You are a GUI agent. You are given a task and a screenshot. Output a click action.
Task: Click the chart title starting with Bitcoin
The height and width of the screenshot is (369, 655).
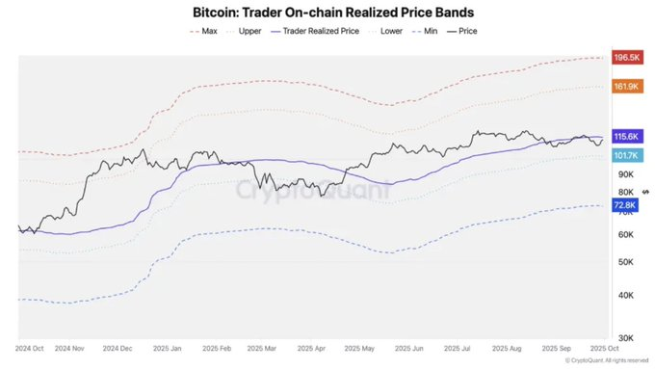click(327, 13)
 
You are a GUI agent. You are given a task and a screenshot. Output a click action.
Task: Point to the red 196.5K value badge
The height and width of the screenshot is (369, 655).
click(626, 58)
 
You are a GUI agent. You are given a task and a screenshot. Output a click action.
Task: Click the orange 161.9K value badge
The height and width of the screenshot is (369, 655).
click(626, 87)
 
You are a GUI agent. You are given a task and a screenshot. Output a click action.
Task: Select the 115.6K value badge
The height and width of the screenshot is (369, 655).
click(626, 138)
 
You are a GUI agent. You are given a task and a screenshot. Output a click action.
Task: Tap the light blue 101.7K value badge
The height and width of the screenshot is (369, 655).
click(626, 155)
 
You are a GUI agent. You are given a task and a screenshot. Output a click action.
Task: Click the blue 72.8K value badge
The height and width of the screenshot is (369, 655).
click(626, 205)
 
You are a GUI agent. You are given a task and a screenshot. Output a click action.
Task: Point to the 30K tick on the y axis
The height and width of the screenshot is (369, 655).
click(624, 337)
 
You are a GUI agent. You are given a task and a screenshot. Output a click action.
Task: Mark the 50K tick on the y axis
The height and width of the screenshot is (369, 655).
click(624, 261)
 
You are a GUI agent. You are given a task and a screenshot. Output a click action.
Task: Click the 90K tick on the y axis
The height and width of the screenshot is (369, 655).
click(624, 174)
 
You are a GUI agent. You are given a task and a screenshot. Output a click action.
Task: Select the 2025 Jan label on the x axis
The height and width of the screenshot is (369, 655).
click(184, 347)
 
